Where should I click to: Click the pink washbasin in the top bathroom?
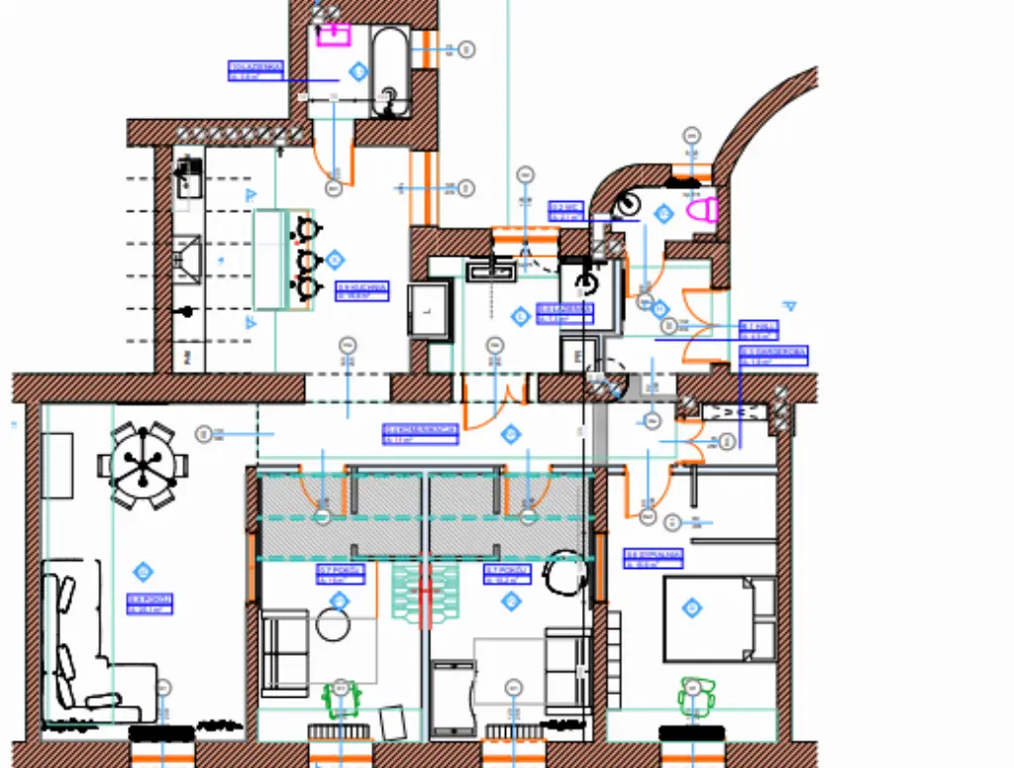(x=334, y=36)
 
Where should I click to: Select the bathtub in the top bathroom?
(x=389, y=71)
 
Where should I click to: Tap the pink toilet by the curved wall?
(x=702, y=210)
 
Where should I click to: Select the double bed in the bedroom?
(x=719, y=618)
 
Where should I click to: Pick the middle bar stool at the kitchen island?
(x=308, y=260)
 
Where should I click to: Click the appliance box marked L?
(x=429, y=309)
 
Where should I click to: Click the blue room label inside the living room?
(x=151, y=603)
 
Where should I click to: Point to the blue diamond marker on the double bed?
(x=692, y=606)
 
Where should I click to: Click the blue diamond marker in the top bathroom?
(x=358, y=71)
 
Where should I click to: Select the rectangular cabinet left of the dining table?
(x=58, y=466)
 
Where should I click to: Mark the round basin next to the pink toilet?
(x=627, y=205)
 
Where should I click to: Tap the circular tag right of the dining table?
(x=205, y=433)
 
